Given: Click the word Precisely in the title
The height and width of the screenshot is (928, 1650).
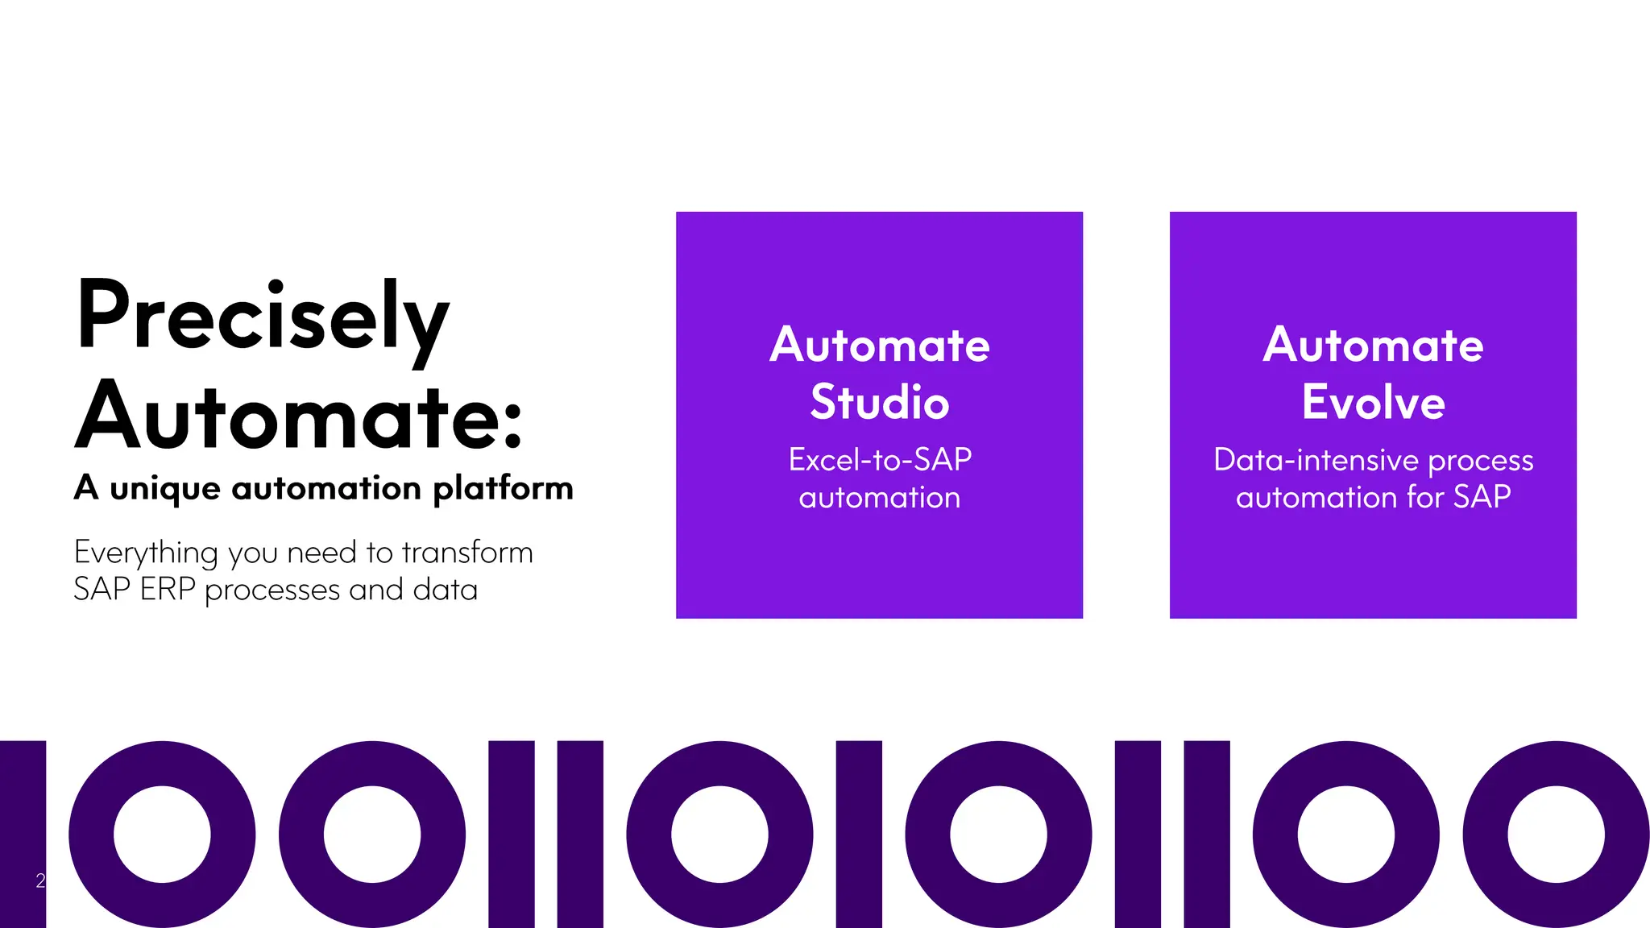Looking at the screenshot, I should (x=263, y=316).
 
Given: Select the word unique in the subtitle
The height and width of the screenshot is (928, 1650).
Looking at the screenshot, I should (x=165, y=489).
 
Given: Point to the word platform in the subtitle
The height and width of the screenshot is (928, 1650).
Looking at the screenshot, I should (x=503, y=489).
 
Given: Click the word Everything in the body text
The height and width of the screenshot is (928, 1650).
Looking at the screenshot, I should (x=146, y=553).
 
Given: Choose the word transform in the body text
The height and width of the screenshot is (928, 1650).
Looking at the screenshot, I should (x=467, y=553).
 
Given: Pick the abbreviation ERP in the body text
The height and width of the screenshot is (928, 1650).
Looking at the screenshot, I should (x=168, y=590).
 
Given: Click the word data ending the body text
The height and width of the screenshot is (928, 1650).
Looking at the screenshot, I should (x=445, y=590).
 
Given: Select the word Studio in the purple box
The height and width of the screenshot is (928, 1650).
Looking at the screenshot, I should (x=880, y=402).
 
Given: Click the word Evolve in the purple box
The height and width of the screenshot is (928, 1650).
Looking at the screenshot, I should (x=1373, y=402).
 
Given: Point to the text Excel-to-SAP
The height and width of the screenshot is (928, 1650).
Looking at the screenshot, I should (x=880, y=460).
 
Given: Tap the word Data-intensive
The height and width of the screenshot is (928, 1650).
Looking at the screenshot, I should (x=1316, y=460).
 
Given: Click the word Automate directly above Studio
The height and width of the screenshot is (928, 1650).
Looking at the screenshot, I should (x=880, y=346).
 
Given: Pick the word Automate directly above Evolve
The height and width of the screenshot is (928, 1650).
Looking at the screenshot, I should (x=1373, y=346).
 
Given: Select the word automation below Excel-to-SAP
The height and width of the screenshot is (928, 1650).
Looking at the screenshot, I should (x=880, y=498).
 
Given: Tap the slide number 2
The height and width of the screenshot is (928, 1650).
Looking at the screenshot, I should (x=40, y=880).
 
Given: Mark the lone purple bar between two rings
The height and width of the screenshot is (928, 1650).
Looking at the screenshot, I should (x=859, y=834).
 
